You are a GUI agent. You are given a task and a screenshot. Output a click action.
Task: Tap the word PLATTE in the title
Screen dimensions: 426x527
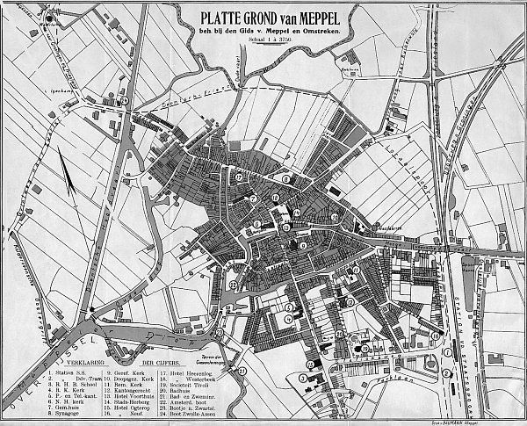tap(220, 17)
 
